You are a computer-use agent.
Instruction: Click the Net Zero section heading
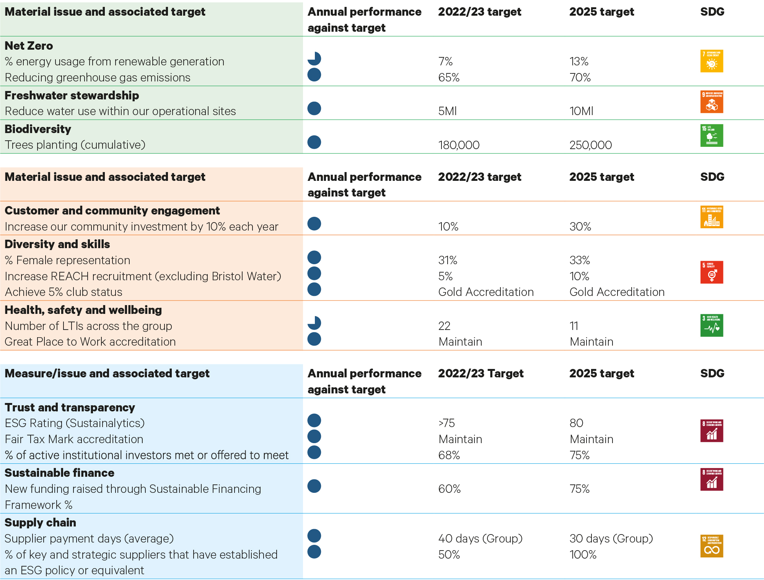point(29,46)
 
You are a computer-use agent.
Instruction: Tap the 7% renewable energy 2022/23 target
point(445,62)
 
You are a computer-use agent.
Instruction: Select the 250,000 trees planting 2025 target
point(590,145)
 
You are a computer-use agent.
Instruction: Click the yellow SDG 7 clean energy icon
point(712,61)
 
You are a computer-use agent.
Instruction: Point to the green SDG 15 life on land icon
point(712,135)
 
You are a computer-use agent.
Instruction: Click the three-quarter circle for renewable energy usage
point(314,59)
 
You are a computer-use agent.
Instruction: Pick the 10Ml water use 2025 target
point(581,111)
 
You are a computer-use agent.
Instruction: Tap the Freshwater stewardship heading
point(72,96)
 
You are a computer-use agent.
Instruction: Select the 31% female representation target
point(448,260)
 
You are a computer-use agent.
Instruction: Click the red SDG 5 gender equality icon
point(712,272)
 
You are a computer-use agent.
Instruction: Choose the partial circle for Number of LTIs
point(314,323)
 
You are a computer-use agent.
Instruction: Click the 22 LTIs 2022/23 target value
point(444,326)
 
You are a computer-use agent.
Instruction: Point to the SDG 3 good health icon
point(712,325)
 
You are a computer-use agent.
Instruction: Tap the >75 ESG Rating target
point(446,423)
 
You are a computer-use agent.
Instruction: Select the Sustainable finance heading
point(59,473)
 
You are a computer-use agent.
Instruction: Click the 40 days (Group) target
point(480,539)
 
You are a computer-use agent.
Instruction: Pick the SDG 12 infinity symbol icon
point(712,546)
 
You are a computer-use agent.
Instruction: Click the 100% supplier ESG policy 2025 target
point(583,555)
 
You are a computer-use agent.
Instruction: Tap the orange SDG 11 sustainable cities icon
point(712,217)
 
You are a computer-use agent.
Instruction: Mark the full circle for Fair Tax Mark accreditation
point(314,437)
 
